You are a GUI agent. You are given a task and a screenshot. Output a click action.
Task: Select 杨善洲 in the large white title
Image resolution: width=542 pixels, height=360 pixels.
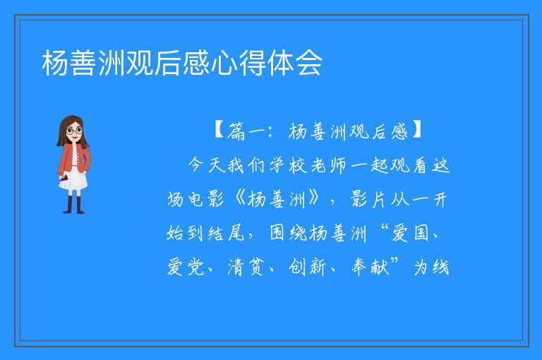(83, 63)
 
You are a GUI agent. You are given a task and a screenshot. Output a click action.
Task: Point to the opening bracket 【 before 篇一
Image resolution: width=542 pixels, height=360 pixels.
(219, 131)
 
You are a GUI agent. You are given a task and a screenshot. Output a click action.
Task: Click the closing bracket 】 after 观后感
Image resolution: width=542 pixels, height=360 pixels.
(416, 131)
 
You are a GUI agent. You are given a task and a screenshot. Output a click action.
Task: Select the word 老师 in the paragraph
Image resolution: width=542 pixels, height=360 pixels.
(328, 165)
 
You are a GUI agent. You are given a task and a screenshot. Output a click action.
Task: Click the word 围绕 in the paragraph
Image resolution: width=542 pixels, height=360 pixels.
(288, 233)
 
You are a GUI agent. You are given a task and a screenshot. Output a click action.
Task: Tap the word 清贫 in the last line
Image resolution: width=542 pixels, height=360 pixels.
(246, 268)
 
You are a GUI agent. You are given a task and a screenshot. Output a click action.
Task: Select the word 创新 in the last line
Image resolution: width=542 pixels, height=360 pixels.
(307, 268)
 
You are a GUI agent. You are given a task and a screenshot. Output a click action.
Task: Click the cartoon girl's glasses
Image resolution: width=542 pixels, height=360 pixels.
(74, 131)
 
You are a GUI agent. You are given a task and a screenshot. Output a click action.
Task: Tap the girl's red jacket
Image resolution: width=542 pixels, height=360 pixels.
(73, 160)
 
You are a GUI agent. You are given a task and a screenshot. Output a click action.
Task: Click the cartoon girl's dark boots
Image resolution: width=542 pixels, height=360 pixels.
(74, 205)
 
